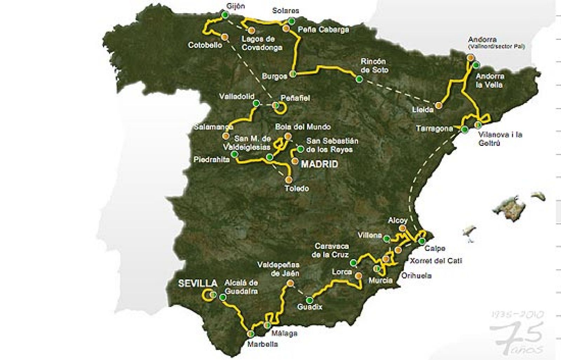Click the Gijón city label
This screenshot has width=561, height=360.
[x=236, y=6]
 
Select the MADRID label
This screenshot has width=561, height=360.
[x=319, y=164]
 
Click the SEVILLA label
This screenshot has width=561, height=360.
[x=197, y=283]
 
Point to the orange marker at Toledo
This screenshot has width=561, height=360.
[x=289, y=180]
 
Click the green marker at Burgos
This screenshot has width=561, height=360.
[x=293, y=74]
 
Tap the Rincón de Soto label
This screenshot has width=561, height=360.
[x=374, y=66]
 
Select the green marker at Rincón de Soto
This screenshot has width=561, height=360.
[x=359, y=79]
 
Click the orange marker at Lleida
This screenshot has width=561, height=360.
[x=438, y=105]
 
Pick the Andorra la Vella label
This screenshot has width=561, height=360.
[x=489, y=81]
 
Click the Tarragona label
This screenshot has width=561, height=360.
[x=434, y=129]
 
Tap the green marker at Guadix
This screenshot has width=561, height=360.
[x=309, y=300]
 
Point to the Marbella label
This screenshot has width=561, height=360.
[x=262, y=344]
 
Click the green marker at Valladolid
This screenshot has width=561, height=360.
[x=256, y=103]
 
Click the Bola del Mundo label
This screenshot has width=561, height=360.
[x=303, y=127]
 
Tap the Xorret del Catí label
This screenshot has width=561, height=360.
[x=436, y=261]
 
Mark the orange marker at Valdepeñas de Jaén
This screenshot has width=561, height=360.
[x=290, y=284]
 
